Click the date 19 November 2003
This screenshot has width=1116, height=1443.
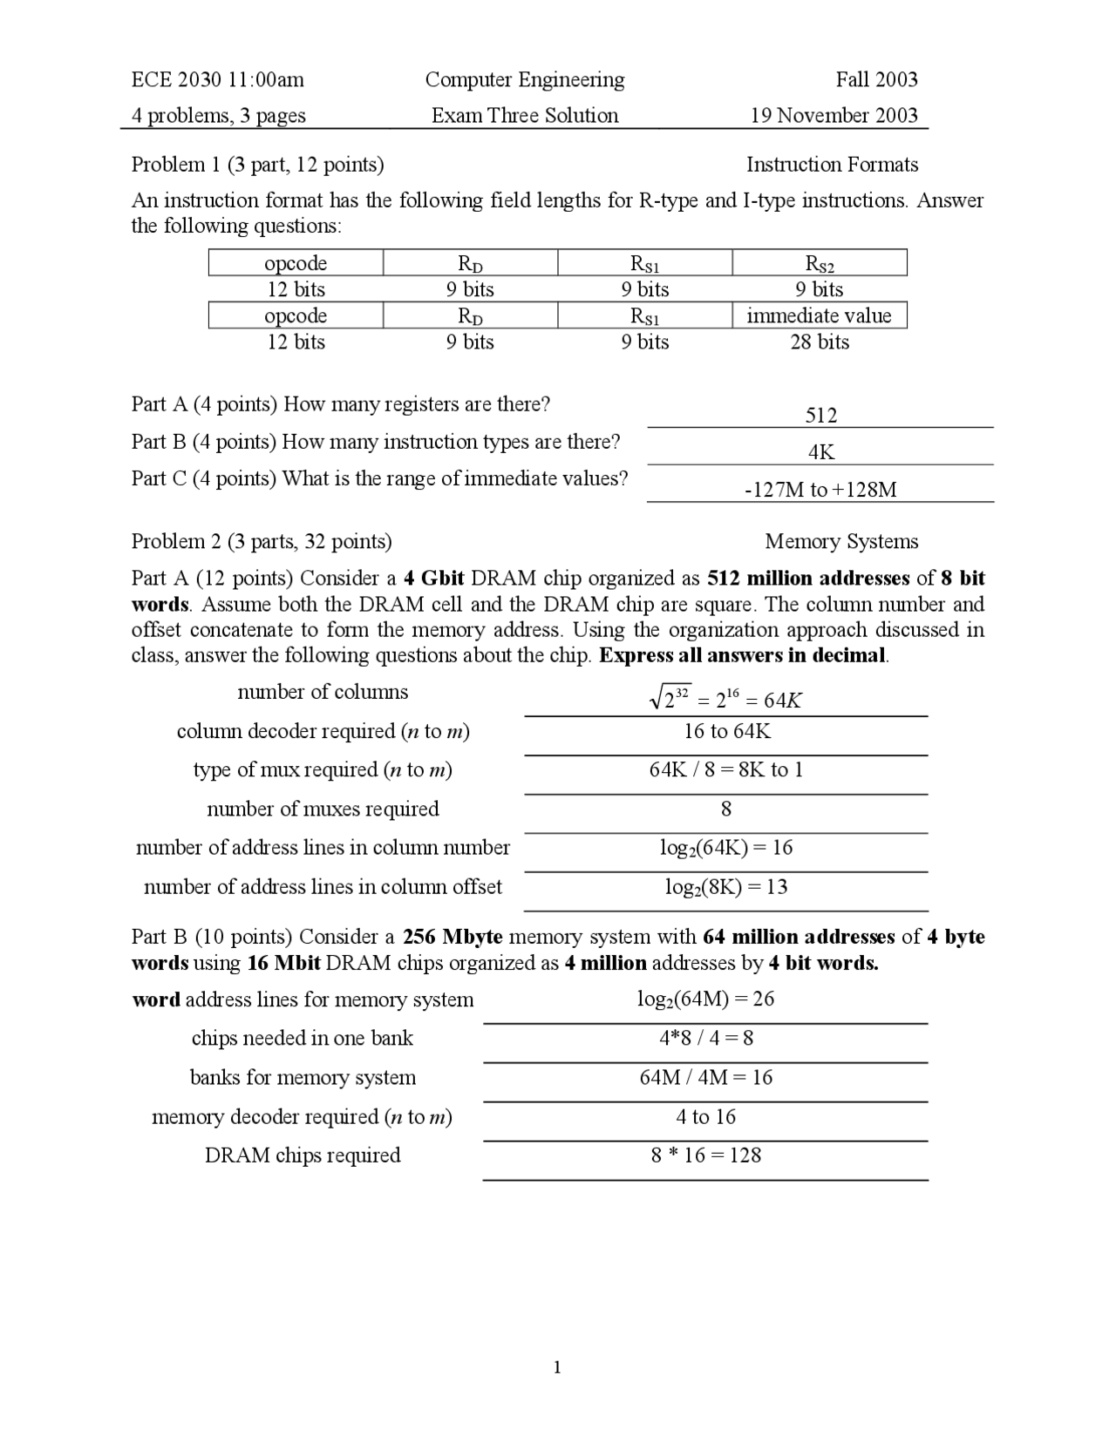click(834, 116)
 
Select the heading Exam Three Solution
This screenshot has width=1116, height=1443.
click(525, 116)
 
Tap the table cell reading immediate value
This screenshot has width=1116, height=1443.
click(819, 315)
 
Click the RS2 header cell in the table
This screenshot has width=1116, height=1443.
click(819, 263)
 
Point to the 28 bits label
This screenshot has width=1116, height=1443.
click(819, 342)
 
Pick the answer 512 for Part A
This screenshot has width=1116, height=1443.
click(820, 416)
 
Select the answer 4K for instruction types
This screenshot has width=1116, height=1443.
click(820, 452)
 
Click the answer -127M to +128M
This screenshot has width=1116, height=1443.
click(820, 490)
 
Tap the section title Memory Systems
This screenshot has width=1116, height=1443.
click(841, 542)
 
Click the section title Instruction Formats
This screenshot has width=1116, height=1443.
click(832, 166)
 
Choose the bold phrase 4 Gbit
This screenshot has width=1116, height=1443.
click(433, 579)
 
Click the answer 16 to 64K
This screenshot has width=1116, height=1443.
click(727, 731)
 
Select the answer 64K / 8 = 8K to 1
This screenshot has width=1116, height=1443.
click(726, 770)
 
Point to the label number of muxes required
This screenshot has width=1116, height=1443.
click(323, 810)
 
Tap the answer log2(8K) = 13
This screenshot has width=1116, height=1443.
click(726, 887)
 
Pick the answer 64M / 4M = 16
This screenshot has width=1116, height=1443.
click(705, 1078)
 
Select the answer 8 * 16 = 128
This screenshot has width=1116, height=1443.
click(705, 1156)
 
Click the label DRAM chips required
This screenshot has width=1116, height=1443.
click(303, 1156)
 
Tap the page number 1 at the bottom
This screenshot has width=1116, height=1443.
click(557, 1367)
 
